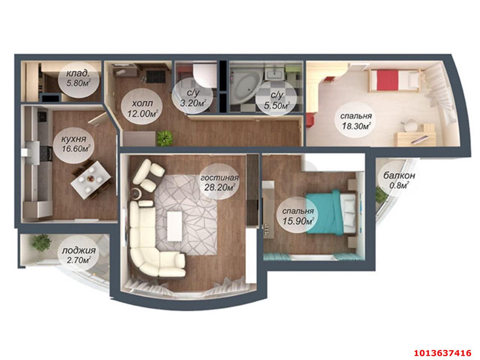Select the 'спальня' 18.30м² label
pos(356,121)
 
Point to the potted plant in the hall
pos(165,138)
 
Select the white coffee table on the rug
pos(174,226)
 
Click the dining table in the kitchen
pos(91,180)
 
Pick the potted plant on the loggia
pos(41,243)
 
